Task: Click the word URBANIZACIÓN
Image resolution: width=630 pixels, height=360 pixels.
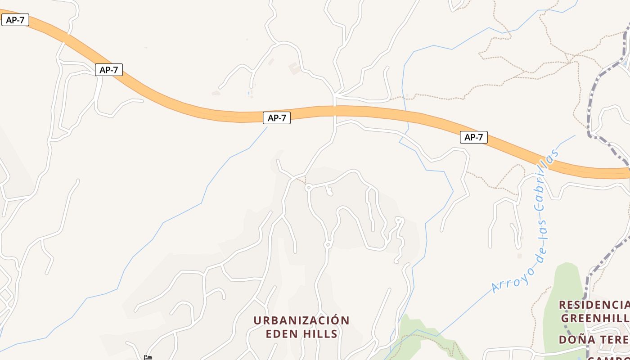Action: coord(301,320)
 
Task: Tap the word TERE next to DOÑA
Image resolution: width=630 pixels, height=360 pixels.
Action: coord(614,339)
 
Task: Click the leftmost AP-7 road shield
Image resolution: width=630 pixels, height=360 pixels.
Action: coord(15,20)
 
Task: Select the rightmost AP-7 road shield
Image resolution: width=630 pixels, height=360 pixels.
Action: coord(473,137)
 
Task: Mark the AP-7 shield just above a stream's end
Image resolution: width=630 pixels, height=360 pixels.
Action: coord(276,118)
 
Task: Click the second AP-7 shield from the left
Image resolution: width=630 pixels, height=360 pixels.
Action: coord(109,70)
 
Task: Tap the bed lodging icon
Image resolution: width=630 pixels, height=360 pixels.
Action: coord(148,357)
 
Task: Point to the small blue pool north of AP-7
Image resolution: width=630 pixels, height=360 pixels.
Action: coord(248,93)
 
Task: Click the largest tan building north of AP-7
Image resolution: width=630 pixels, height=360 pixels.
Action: coord(295,68)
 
